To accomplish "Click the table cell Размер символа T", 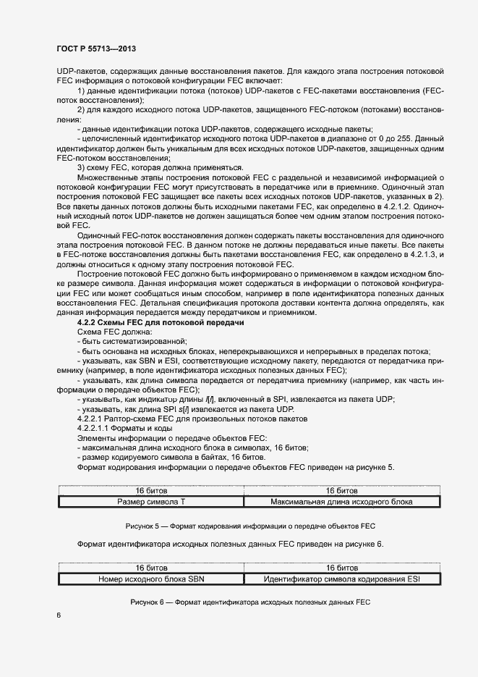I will pos(151,500).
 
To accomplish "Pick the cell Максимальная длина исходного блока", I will pos(342,500).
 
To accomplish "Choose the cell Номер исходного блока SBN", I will pos(151,579).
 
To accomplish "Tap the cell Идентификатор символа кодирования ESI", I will pos(342,579).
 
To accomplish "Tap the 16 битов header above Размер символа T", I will pos(151,490).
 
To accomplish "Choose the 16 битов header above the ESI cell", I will pos(342,568).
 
